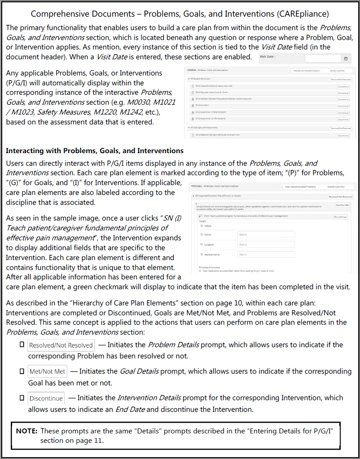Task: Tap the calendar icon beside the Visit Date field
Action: (x=346, y=58)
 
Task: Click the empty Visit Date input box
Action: (x=323, y=58)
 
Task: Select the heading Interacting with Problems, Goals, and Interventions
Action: (x=95, y=150)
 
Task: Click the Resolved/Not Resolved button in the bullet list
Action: (x=61, y=345)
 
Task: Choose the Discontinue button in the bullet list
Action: (x=46, y=398)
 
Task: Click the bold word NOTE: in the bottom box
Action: (x=26, y=431)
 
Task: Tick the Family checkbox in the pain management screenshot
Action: (x=202, y=234)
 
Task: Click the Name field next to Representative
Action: (x=266, y=254)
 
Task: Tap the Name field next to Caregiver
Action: (x=266, y=244)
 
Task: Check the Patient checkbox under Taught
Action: (x=202, y=226)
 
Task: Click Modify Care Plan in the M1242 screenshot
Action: (x=336, y=186)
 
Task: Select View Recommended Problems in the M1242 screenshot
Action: (x=300, y=186)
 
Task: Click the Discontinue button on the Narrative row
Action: (x=343, y=106)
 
